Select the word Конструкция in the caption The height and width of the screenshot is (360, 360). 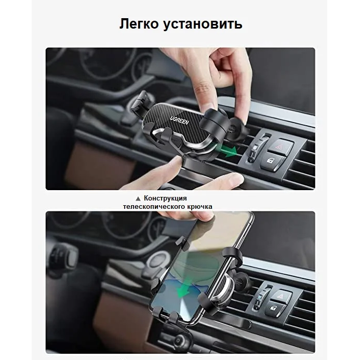(165, 198)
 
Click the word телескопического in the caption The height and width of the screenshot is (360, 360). (151, 206)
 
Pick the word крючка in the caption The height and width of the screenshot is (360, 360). (198, 206)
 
